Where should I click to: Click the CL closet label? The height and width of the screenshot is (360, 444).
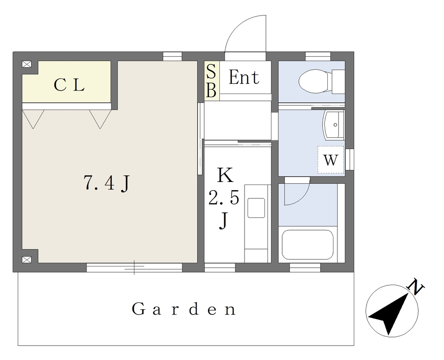(x=69, y=84)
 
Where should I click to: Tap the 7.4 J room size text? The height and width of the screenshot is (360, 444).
(x=107, y=183)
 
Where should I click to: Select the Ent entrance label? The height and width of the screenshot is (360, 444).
(x=244, y=77)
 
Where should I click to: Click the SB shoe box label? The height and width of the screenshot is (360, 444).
(x=211, y=81)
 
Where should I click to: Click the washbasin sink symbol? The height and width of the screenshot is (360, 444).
(x=333, y=125)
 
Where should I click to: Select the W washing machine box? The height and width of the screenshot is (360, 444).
(x=330, y=159)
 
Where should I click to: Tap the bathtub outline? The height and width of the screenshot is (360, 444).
(x=307, y=244)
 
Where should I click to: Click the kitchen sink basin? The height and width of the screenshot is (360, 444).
(x=256, y=208)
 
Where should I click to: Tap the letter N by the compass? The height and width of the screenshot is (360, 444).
(x=415, y=287)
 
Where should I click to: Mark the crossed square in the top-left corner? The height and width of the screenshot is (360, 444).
(x=26, y=64)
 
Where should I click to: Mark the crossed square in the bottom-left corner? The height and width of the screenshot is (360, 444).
(x=26, y=259)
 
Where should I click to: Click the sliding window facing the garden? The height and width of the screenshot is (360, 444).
(x=134, y=267)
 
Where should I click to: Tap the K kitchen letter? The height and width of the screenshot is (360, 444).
(x=225, y=175)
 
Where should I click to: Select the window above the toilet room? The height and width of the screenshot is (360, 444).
(x=318, y=56)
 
